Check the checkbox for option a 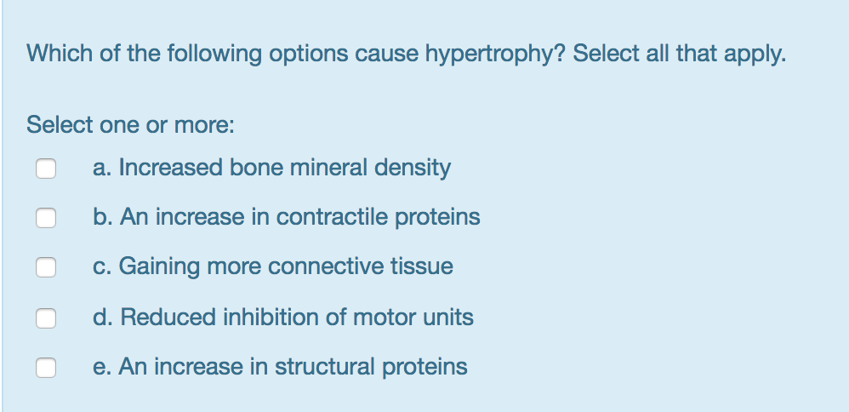point(46,169)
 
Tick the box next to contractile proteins point(46,218)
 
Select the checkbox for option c point(46,267)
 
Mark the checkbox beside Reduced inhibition point(46,318)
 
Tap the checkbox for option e point(46,367)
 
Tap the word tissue point(422,266)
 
